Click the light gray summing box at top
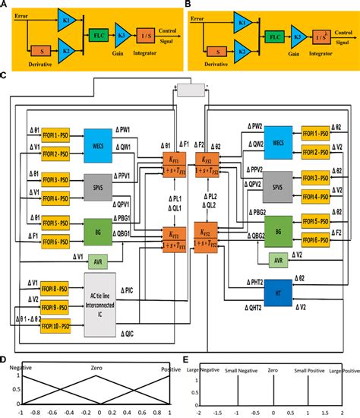coord(191,90)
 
